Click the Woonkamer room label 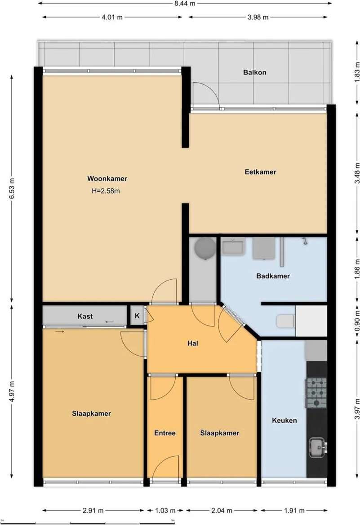click(107, 178)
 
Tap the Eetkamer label click(260, 172)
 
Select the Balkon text click(255, 72)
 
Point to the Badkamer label click(273, 276)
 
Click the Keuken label click(284, 420)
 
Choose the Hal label click(193, 343)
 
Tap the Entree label click(165, 433)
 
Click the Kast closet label click(85, 316)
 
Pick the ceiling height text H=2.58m click(106, 191)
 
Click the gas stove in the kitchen click(316, 393)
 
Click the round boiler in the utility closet click(205, 248)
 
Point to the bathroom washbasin click(233, 246)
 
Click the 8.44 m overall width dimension click(185, 3)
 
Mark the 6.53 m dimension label click(12, 189)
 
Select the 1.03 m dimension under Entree click(165, 511)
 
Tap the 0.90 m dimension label click(357, 322)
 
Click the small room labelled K click(137, 316)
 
